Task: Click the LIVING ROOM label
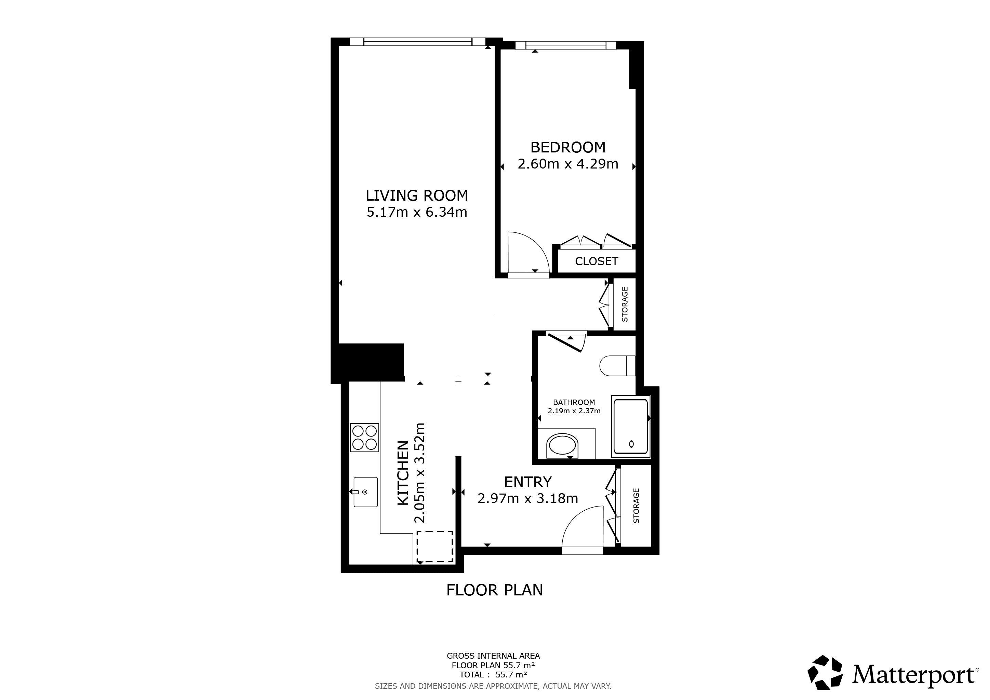(x=416, y=196)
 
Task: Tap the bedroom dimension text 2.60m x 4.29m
(x=568, y=164)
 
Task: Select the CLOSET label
(x=596, y=261)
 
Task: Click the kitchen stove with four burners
(x=364, y=437)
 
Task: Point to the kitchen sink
(x=366, y=492)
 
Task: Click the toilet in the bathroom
(x=617, y=365)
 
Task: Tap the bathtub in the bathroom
(x=631, y=427)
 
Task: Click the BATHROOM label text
(x=574, y=402)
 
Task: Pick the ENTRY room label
(x=528, y=482)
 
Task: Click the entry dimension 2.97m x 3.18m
(x=528, y=499)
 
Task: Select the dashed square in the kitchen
(x=434, y=547)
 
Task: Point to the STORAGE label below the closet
(x=625, y=304)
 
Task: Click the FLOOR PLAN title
(x=495, y=590)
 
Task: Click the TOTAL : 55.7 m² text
(x=493, y=675)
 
